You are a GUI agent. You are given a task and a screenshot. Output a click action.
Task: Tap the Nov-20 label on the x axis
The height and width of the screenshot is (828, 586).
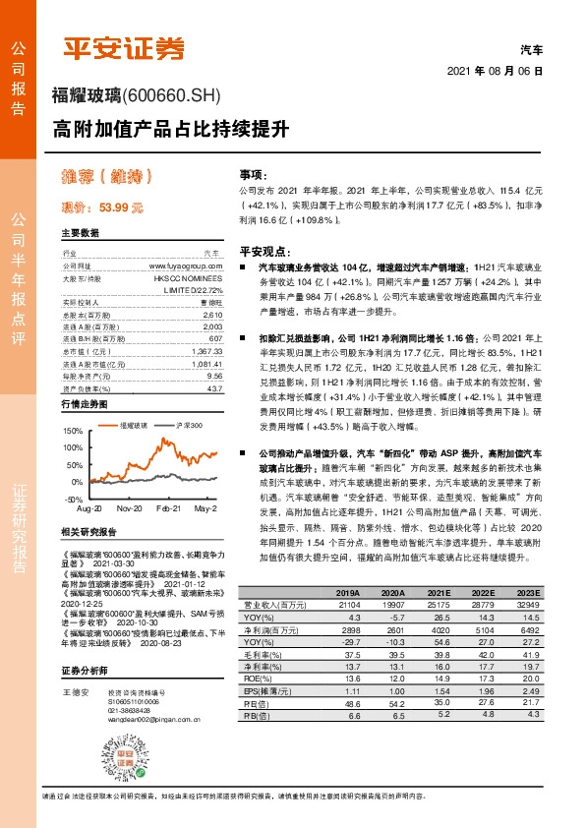(129, 511)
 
